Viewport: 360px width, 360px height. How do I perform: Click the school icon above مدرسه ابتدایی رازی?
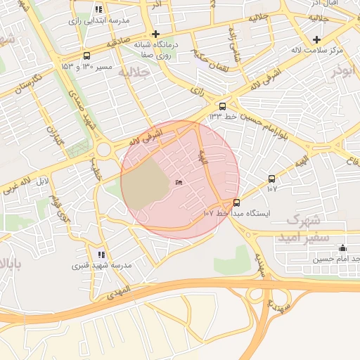97,10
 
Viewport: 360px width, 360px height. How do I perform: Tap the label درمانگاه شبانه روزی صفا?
155,49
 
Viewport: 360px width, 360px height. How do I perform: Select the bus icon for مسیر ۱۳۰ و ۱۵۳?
86,56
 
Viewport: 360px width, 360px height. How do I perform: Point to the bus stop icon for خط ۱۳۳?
223,106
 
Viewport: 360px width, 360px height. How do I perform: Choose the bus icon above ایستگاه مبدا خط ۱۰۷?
236,202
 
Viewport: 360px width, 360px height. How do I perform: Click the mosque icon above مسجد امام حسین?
342,247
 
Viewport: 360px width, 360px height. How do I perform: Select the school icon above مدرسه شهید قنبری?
102,255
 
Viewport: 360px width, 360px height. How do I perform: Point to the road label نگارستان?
30,89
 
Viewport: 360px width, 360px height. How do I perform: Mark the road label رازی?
198,91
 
